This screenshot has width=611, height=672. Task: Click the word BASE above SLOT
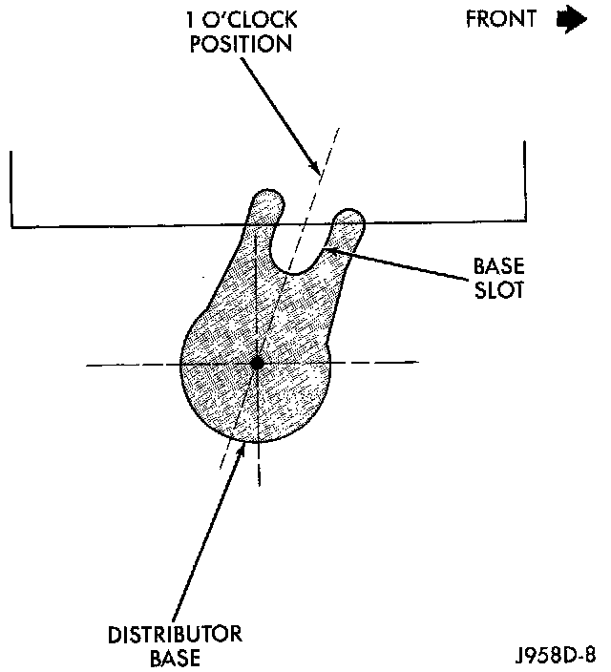tap(497, 264)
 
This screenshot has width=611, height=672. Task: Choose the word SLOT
tap(498, 289)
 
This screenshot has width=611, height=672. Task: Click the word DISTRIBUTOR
tap(176, 635)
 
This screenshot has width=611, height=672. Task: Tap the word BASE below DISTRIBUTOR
tap(176, 658)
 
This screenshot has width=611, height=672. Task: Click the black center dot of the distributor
tap(257, 363)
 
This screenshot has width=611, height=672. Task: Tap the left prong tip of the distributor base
tap(266, 203)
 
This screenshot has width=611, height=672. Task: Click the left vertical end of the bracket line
tap(11, 186)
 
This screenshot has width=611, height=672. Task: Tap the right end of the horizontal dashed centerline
tap(415, 363)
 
